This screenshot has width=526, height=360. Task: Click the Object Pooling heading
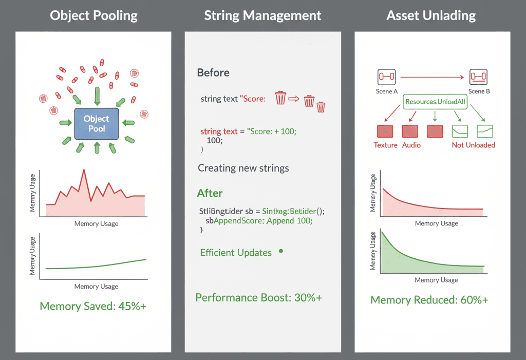click(93, 15)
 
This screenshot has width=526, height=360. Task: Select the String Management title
click(262, 15)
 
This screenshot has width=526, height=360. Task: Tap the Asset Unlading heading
click(431, 15)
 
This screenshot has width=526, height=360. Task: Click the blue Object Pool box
click(97, 124)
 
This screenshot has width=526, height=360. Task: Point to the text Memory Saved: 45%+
click(93, 307)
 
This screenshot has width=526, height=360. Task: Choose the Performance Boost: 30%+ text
click(258, 298)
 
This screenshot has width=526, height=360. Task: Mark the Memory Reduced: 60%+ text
click(429, 300)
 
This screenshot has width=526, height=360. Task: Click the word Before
click(213, 72)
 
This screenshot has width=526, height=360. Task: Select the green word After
click(210, 193)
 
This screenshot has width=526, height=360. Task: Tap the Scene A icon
click(386, 77)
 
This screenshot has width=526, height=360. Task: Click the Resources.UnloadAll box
click(435, 102)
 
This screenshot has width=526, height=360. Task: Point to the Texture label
click(385, 145)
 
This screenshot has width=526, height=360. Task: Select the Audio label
click(411, 145)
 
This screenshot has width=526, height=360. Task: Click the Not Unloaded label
click(473, 145)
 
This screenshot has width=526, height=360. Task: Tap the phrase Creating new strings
click(243, 168)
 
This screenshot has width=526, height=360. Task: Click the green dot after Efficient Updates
click(280, 251)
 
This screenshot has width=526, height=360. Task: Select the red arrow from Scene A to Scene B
click(431, 78)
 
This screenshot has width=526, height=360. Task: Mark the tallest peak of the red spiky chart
click(82, 170)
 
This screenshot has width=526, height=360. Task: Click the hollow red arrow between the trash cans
click(294, 98)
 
